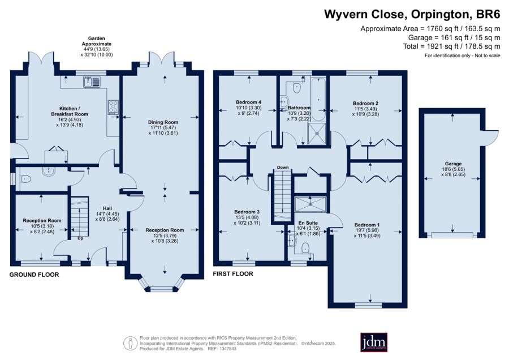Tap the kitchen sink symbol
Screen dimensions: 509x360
[x=92, y=82]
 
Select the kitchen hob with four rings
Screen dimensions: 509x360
[x=113, y=106]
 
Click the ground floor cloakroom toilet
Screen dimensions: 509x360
[x=25, y=179]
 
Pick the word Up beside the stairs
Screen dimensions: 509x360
[x=80, y=238]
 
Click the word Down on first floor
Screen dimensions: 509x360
[x=283, y=168]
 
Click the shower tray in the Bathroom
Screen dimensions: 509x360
[x=317, y=133]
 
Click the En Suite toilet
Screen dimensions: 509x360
[x=305, y=248]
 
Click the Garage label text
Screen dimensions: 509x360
[x=453, y=164]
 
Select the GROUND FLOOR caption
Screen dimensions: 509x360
[x=34, y=275]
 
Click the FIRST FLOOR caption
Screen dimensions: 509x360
[x=233, y=274]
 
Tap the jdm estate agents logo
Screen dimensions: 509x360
[x=374, y=342]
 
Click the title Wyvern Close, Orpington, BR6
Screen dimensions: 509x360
[x=412, y=14]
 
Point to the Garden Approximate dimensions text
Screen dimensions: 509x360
[x=97, y=46]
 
